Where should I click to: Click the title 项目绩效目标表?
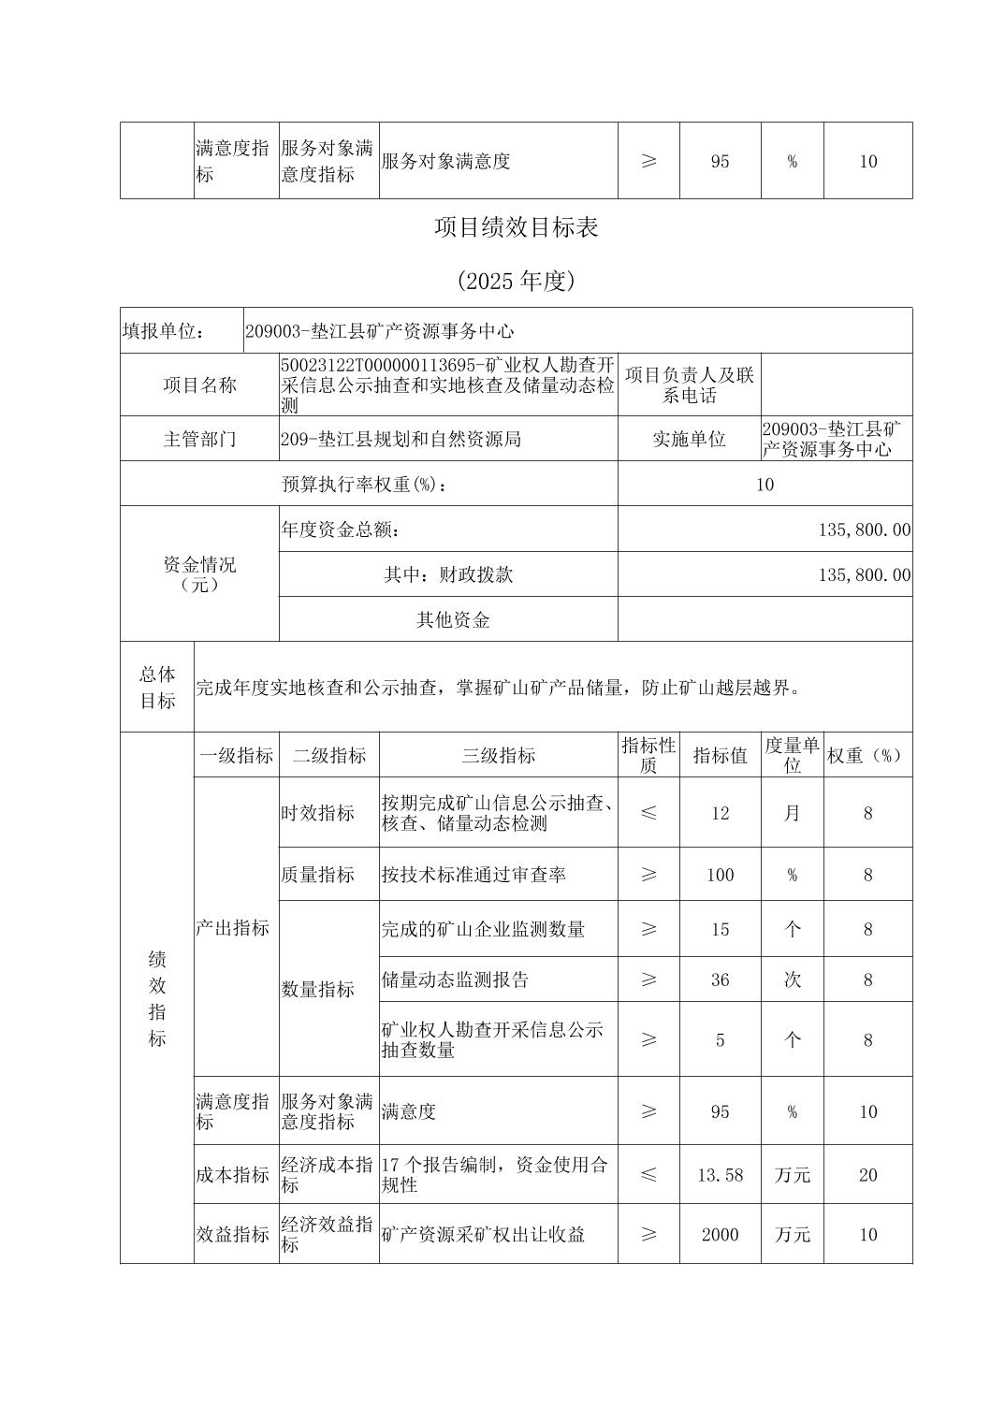(516, 227)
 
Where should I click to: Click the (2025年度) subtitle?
(516, 281)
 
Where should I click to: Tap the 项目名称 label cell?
(199, 385)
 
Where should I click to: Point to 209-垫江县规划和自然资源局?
(401, 439)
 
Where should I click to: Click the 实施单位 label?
(689, 439)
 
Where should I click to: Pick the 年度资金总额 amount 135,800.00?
(864, 530)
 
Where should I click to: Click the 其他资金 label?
(453, 619)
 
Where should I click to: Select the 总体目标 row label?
(157, 687)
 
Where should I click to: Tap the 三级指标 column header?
(498, 756)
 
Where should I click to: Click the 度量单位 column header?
(792, 755)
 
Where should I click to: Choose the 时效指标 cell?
(318, 813)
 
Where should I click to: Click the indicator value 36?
(720, 979)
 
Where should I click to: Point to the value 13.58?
(720, 1175)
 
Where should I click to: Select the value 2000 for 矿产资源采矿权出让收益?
(720, 1235)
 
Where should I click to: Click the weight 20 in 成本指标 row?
(867, 1175)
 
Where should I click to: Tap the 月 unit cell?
(792, 813)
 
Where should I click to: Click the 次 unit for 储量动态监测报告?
(792, 979)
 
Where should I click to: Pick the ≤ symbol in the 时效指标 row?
(648, 813)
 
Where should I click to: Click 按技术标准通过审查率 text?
(473, 875)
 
